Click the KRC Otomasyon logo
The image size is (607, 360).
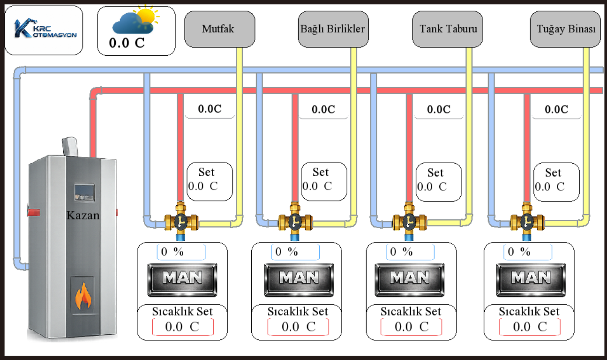(44, 30)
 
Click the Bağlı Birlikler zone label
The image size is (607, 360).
(332, 29)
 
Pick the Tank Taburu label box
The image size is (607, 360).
(448, 29)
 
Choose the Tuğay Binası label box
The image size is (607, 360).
(565, 29)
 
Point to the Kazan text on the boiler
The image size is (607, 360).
(83, 216)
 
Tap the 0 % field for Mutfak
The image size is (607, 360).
(181, 252)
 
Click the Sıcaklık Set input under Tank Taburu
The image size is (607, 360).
(411, 327)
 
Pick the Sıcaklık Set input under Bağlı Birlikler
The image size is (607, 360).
(298, 327)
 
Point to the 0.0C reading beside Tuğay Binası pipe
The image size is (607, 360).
(556, 110)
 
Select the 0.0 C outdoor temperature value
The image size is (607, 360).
(127, 43)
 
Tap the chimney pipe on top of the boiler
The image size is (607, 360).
(70, 146)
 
